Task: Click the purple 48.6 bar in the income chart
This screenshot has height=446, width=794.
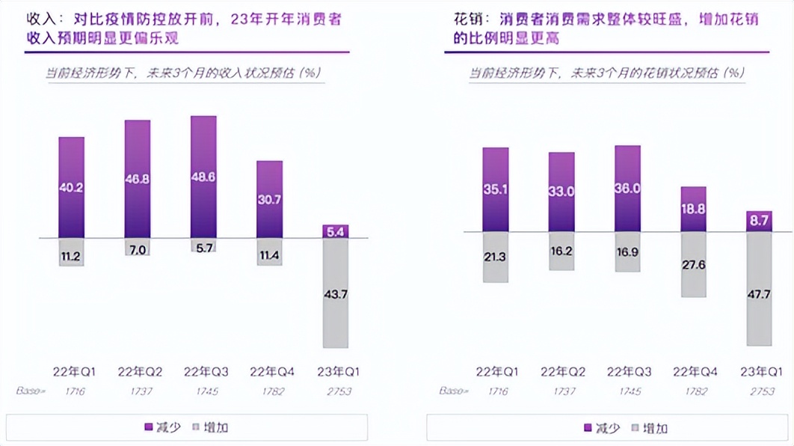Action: (x=203, y=177)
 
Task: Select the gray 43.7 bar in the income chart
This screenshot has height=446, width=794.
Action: (x=335, y=293)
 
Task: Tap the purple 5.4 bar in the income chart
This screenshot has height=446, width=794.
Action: (x=335, y=231)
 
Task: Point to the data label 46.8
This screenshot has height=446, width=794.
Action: (x=137, y=180)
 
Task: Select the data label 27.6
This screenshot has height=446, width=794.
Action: (x=693, y=265)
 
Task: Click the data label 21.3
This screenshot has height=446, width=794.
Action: (x=495, y=257)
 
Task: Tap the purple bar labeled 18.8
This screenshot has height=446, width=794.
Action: (x=693, y=209)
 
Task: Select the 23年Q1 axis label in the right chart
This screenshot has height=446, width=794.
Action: (x=760, y=372)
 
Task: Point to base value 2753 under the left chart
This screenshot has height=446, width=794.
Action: (x=337, y=391)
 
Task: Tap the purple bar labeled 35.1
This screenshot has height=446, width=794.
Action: (x=495, y=189)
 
